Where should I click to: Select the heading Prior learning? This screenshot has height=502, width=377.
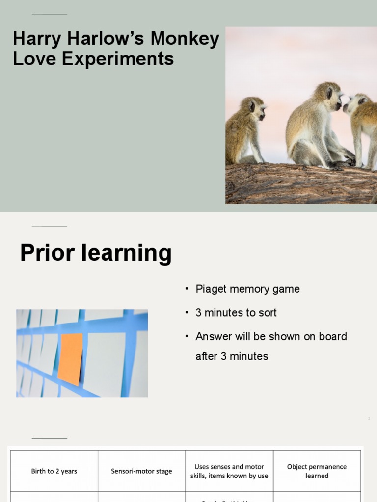tap(96, 253)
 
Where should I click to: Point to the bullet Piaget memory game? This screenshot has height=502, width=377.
tap(247, 289)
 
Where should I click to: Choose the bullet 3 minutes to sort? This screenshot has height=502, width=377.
tap(236, 312)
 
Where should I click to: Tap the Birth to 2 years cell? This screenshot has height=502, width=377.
tap(54, 471)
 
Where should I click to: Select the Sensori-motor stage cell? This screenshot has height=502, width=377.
tap(141, 471)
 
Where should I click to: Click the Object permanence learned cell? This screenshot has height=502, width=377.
tap(317, 471)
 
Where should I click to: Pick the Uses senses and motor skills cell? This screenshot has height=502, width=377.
tap(229, 471)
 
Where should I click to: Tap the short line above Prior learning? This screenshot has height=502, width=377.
tap(49, 226)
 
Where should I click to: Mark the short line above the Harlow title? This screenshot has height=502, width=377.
tap(49, 14)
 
